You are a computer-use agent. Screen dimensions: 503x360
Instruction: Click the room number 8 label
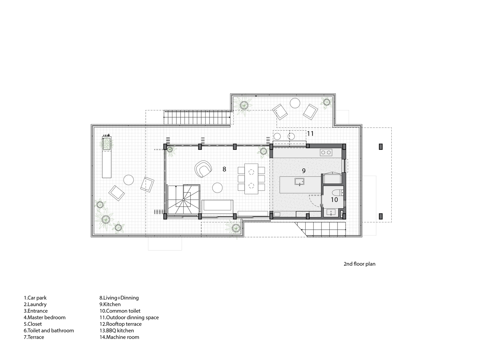tap(224, 169)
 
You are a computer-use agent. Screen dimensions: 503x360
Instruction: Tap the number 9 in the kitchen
tap(304, 171)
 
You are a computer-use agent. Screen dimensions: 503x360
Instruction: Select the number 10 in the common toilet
tap(334, 200)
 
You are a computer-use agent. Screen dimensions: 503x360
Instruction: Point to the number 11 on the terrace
tap(310, 134)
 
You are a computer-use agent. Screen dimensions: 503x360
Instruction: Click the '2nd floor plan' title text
tap(359, 264)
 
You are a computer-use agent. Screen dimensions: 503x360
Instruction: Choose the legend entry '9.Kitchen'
tap(110, 304)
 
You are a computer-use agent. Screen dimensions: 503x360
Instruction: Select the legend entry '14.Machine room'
tap(119, 337)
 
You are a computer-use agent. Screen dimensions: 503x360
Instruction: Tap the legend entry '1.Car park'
tap(35, 298)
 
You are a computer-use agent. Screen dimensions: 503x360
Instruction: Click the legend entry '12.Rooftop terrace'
tap(120, 324)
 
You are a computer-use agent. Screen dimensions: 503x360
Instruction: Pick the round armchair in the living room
tap(203, 169)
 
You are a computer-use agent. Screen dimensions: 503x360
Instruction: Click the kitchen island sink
tap(299, 182)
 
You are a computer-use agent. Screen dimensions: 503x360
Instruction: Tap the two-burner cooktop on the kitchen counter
tap(326, 152)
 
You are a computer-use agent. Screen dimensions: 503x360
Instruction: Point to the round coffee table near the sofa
tap(217, 188)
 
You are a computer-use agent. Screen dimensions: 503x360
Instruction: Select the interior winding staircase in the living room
tap(184, 199)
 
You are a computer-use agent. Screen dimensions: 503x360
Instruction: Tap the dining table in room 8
tap(251, 179)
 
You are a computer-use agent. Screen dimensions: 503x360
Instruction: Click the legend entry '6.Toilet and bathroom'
tap(49, 330)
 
